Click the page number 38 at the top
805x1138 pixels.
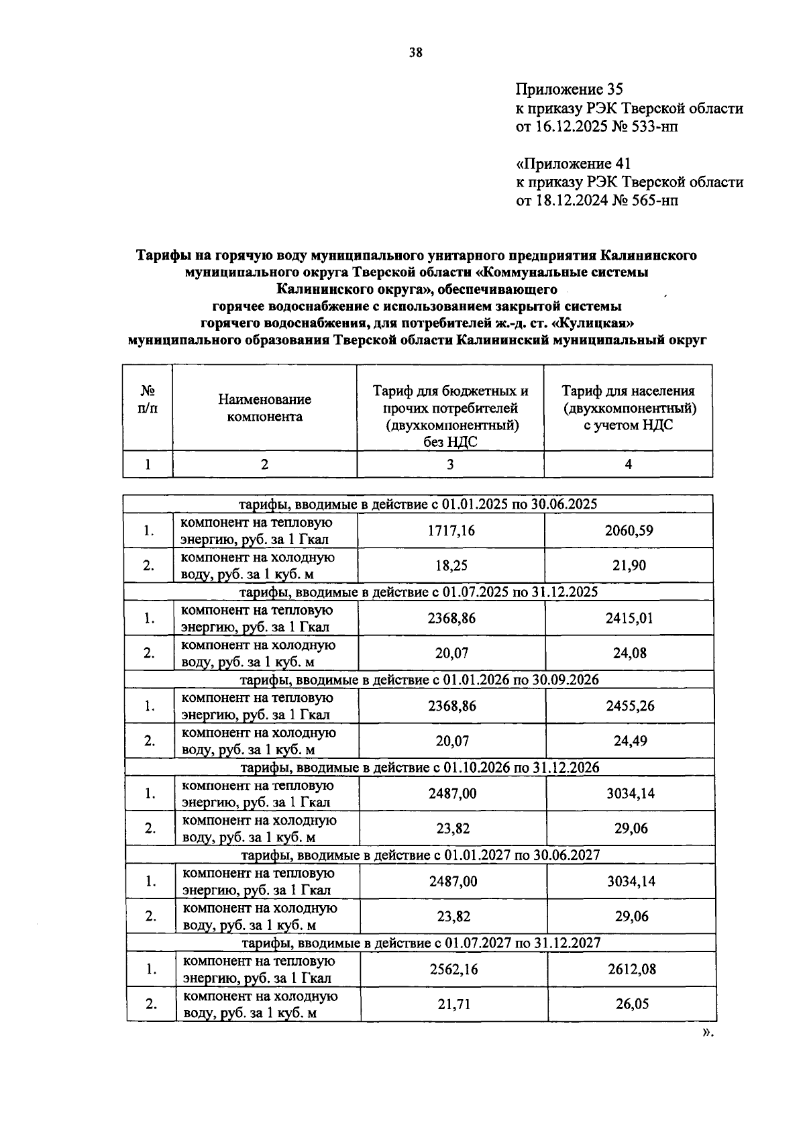pos(416,54)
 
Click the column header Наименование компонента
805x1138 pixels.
pos(264,408)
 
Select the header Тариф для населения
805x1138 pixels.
pos(628,391)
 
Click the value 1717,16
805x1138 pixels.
pos(451,531)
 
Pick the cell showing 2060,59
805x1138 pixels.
pos(629,531)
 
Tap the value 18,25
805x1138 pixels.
pos(451,566)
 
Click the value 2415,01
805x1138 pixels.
pos(629,618)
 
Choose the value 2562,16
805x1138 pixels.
pos(453,969)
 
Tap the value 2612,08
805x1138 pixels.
pos(631,969)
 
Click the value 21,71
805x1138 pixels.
pos(453,1004)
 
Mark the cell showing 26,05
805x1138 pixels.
pos(631,1004)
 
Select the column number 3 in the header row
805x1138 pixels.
pos(450,464)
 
